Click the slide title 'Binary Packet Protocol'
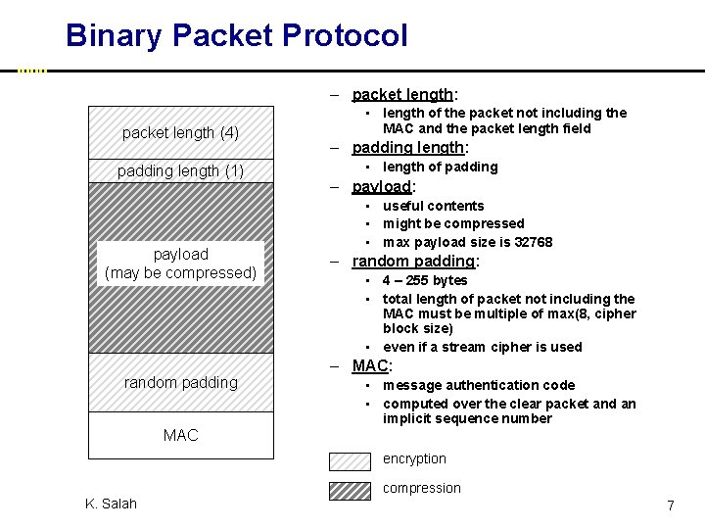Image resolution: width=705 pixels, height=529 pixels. coord(236,36)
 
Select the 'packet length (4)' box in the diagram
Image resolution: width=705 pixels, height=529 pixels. coord(180,132)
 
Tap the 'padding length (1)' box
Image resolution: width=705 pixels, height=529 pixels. coord(180,171)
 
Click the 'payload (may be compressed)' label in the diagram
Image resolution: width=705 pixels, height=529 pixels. coord(180,264)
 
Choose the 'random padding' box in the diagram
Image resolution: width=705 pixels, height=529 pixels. coord(180,382)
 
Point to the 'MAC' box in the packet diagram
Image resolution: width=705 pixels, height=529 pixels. coord(180,435)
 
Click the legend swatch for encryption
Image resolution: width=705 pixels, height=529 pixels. coord(351,460)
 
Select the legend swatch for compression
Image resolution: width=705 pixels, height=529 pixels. coord(351,490)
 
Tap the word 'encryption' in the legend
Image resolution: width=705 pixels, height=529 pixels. coord(414,458)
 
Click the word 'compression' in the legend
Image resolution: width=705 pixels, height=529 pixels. coord(421,488)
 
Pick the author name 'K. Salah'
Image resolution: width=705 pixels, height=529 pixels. coord(111,504)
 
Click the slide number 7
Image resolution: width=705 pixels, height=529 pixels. coord(671,505)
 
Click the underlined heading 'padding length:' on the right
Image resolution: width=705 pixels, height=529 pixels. coord(410,148)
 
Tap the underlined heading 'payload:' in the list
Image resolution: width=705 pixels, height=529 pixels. coord(384,187)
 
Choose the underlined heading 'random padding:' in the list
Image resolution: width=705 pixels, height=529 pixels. coord(415,262)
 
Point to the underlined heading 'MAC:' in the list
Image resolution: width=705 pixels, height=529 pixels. coord(372,366)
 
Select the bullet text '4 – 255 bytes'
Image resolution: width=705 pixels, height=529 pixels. coord(425,280)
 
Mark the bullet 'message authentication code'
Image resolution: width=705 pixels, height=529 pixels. coord(479,385)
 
